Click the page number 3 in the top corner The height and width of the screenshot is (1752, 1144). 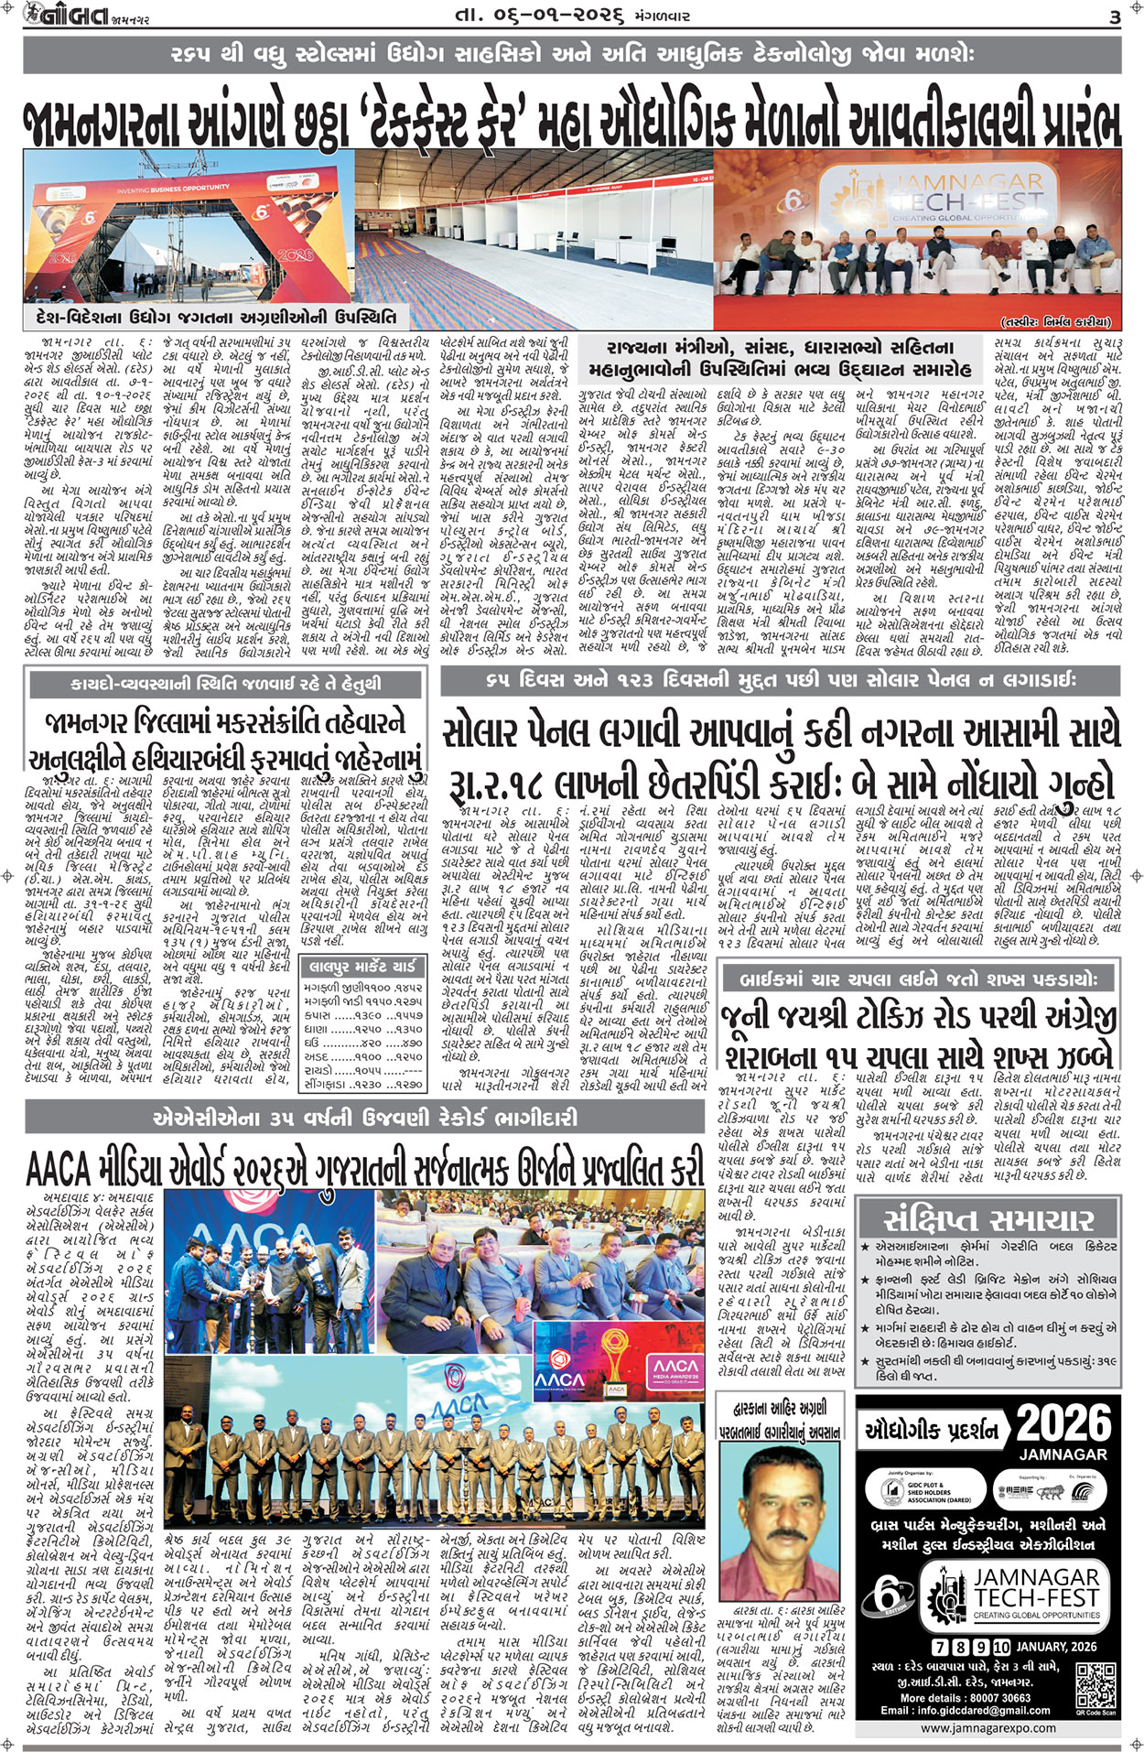[1115, 17]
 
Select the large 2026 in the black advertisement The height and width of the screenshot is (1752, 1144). [1064, 1423]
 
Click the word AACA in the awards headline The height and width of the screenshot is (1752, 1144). [57, 1168]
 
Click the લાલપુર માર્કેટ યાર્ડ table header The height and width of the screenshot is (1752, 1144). [363, 967]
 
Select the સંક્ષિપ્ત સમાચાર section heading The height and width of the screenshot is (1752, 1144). [988, 1219]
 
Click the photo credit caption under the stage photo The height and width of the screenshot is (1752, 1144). [1054, 321]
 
